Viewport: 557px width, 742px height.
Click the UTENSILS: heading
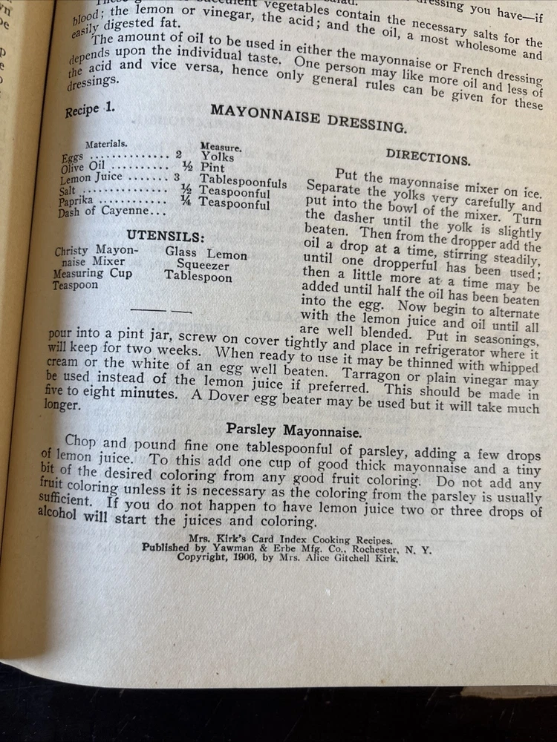click(x=165, y=237)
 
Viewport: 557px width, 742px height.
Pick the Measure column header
click(x=221, y=148)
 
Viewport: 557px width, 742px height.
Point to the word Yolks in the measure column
click(x=218, y=157)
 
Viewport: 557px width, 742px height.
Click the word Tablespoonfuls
click(x=242, y=183)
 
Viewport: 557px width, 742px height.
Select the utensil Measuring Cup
click(x=92, y=273)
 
